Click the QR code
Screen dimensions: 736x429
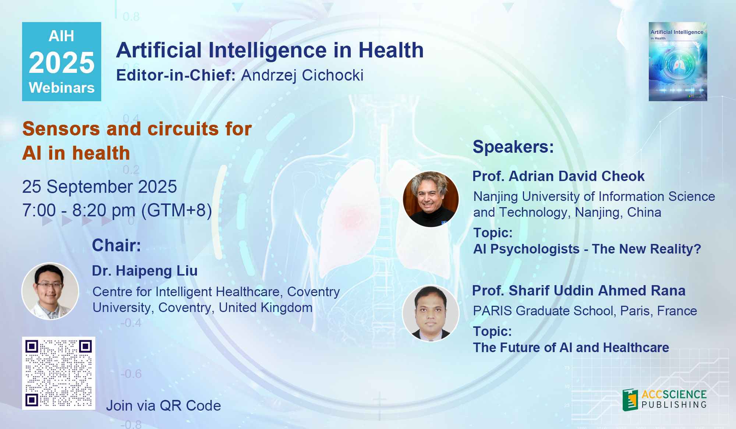tap(59, 373)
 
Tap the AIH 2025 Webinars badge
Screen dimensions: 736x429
tap(61, 61)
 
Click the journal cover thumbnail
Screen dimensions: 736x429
tap(678, 61)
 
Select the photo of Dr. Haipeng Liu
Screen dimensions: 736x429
tap(50, 291)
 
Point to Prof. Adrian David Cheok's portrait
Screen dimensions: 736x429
tap(431, 199)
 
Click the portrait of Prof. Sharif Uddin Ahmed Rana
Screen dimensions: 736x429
tap(431, 313)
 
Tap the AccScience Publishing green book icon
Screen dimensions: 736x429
tap(630, 400)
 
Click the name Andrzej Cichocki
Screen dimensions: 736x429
tap(302, 75)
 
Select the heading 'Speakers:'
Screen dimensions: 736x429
tap(513, 147)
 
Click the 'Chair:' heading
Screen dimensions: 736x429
tap(116, 245)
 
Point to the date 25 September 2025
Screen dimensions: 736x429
tap(99, 187)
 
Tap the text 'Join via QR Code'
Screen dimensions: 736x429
tap(163, 405)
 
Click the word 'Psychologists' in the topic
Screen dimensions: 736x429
tap(535, 249)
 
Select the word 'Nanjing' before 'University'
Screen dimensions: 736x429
tap(496, 197)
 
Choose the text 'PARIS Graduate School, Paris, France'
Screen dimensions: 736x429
tap(585, 311)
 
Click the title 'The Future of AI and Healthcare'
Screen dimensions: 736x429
tap(571, 348)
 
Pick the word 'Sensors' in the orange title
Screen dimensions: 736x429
tap(61, 129)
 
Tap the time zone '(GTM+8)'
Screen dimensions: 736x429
tap(177, 210)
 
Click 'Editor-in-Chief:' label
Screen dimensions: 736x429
tap(176, 75)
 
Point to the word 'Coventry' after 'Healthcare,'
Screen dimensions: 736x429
tap(314, 292)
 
